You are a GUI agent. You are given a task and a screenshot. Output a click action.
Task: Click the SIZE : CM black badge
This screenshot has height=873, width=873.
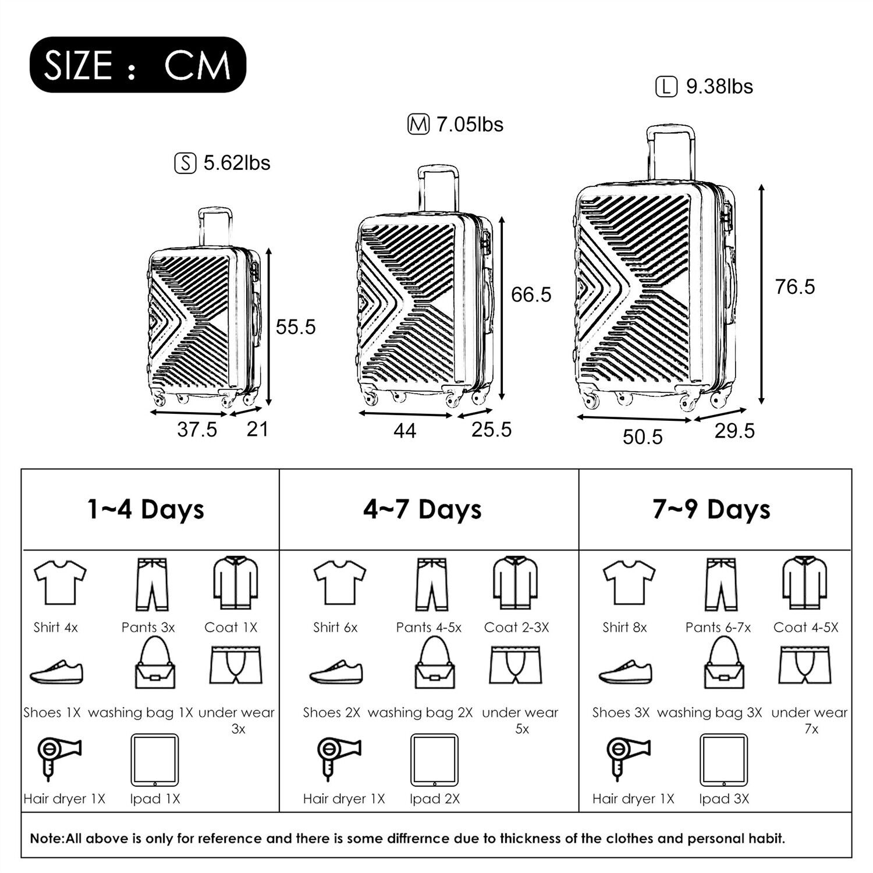138,65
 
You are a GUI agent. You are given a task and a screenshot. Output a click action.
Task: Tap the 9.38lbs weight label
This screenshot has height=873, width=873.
719,87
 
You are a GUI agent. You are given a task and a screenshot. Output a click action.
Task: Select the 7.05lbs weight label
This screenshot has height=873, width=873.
470,125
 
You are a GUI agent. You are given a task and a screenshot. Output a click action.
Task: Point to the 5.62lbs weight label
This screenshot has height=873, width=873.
237,163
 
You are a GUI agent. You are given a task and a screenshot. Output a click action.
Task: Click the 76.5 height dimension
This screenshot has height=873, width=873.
795,287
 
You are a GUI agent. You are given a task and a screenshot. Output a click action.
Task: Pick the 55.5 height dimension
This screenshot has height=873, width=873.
296,327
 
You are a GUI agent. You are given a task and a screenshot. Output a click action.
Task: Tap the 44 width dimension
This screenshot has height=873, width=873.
404,431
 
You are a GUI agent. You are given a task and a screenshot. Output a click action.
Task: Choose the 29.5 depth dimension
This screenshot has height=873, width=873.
734,431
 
